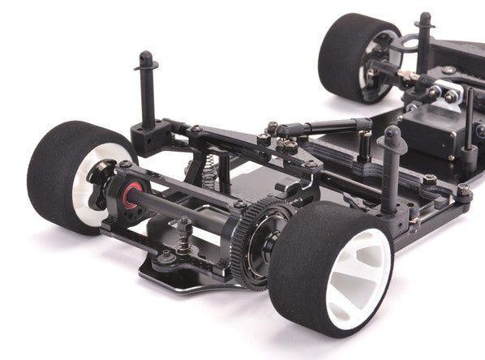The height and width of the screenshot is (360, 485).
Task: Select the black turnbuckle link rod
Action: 324,126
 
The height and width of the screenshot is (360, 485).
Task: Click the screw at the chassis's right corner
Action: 463,192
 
